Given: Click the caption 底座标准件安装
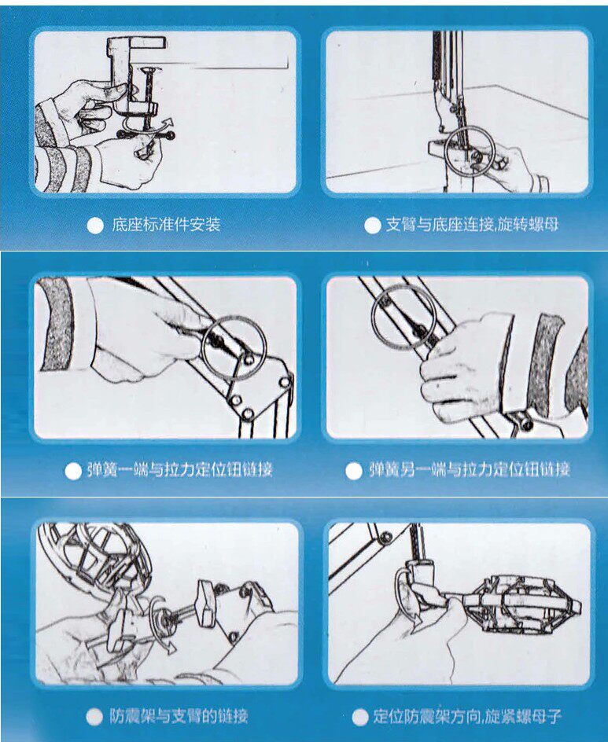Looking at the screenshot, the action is pyautogui.click(x=166, y=224).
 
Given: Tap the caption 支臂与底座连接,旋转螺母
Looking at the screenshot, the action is pyautogui.click(x=472, y=224).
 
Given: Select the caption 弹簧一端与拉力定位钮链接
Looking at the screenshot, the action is pyautogui.click(x=179, y=470).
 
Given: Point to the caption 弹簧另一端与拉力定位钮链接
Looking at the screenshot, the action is pyautogui.click(x=470, y=470).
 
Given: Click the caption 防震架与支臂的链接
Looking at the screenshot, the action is pyautogui.click(x=179, y=716).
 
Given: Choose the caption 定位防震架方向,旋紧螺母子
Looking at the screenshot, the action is pyautogui.click(x=467, y=716).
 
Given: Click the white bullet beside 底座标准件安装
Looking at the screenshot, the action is pyautogui.click(x=95, y=226).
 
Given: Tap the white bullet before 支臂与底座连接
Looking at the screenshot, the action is pyautogui.click(x=373, y=226).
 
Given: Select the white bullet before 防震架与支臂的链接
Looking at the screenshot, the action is pyautogui.click(x=94, y=717).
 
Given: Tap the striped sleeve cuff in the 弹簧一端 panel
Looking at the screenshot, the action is pyautogui.click(x=57, y=324).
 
